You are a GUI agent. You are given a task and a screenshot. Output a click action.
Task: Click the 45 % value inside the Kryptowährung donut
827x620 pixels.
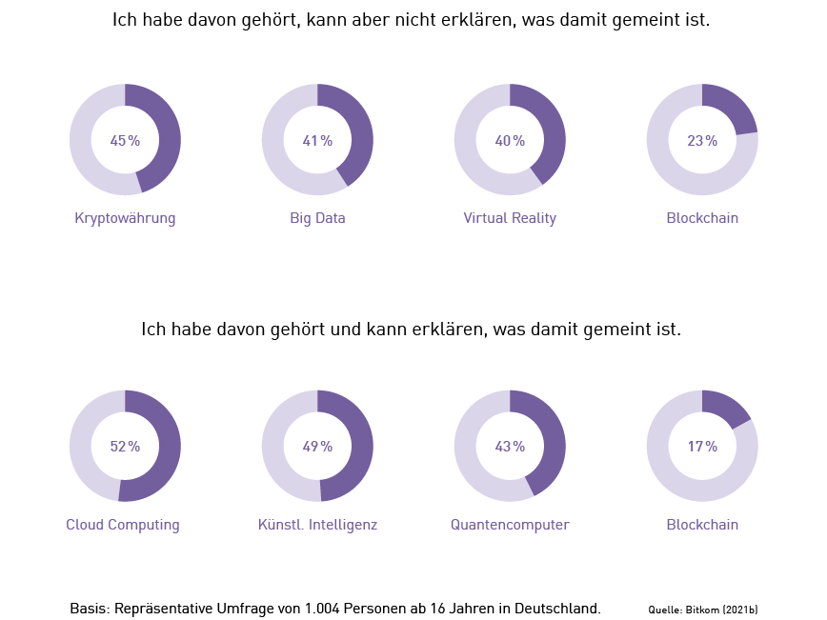click(x=125, y=141)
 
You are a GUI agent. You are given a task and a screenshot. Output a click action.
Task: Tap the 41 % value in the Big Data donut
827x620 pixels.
click(x=317, y=141)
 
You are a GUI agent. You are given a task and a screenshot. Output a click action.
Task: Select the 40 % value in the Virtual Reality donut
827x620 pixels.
click(x=510, y=141)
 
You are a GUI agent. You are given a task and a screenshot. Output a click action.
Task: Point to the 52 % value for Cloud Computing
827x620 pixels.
click(x=125, y=447)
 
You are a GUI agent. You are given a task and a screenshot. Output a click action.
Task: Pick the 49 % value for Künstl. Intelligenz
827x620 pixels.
click(x=317, y=447)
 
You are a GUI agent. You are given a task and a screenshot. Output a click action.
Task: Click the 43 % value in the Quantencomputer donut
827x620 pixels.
click(x=510, y=447)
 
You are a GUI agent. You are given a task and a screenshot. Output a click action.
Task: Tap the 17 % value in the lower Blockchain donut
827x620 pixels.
click(x=702, y=447)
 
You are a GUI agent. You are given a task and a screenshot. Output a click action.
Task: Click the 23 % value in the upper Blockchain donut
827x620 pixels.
click(x=702, y=141)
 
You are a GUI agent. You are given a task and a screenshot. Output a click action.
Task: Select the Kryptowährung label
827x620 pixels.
click(x=125, y=219)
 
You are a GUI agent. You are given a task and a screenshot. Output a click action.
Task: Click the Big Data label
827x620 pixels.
click(x=317, y=219)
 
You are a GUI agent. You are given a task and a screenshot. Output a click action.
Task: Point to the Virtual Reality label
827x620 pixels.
click(x=510, y=219)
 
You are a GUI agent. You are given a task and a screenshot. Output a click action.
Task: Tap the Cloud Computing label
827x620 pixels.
click(x=123, y=526)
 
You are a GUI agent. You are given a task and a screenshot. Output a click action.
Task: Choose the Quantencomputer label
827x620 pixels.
click(x=510, y=526)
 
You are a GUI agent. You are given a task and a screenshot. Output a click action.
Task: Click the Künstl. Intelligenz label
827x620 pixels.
click(x=317, y=526)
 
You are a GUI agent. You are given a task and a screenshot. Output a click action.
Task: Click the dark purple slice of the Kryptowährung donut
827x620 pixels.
click(x=168, y=133)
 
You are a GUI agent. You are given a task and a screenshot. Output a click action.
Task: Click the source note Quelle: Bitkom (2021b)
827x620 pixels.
click(x=702, y=609)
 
